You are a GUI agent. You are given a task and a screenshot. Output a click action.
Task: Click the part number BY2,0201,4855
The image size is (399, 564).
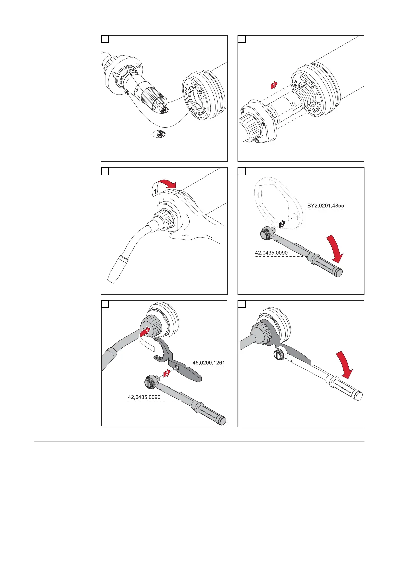click(325, 206)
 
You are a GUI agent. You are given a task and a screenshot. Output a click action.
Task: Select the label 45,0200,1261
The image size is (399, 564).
click(208, 362)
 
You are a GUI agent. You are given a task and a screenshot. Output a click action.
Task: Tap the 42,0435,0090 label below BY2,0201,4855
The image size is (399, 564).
click(271, 253)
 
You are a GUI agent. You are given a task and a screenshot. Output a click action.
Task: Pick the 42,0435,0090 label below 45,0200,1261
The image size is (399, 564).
click(144, 397)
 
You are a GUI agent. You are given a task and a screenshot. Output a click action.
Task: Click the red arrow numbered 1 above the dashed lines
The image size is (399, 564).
click(274, 85)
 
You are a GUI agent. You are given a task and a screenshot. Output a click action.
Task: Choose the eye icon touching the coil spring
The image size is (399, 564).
click(163, 110)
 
